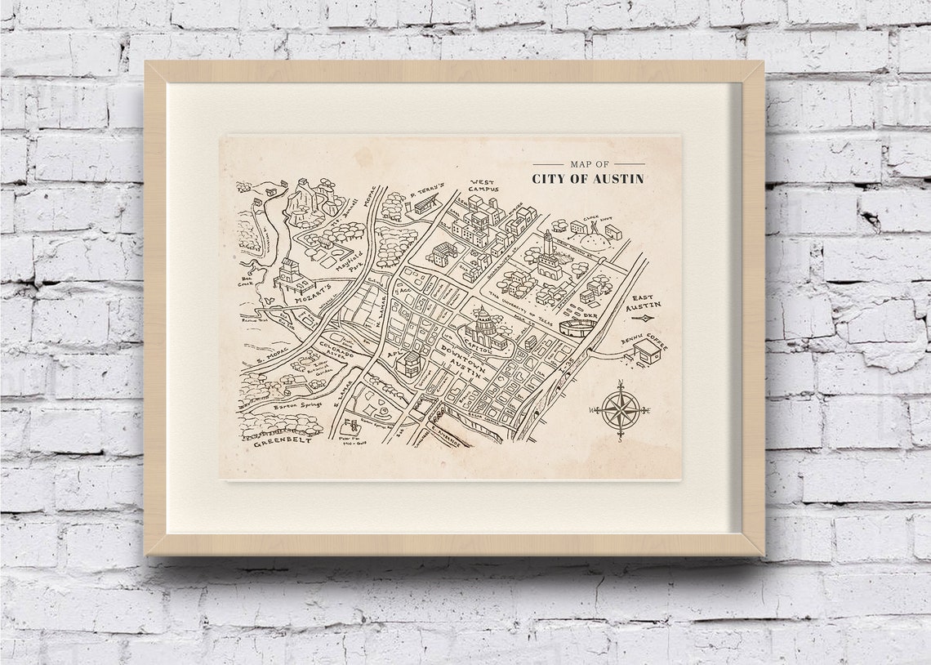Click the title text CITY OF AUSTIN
point(588,179)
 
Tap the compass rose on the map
point(621,409)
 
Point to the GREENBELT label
point(283,442)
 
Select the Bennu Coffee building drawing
point(647,351)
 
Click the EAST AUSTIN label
point(643,302)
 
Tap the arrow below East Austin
point(643,318)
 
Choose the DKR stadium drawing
point(577,328)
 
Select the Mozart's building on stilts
point(292,274)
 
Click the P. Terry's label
point(426,192)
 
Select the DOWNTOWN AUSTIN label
point(463,359)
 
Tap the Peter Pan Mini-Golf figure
point(353,427)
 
